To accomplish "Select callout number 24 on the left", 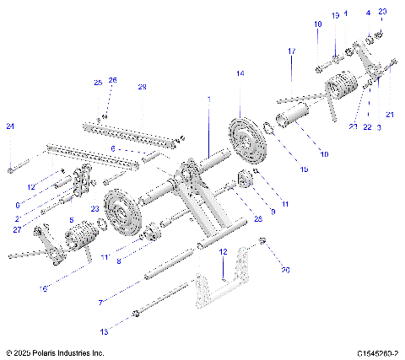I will coord(10,126).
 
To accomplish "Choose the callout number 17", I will coord(291,52).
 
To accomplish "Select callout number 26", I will coord(113,80).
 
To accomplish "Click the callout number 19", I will coord(335,15).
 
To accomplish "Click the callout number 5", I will coord(72,220).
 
